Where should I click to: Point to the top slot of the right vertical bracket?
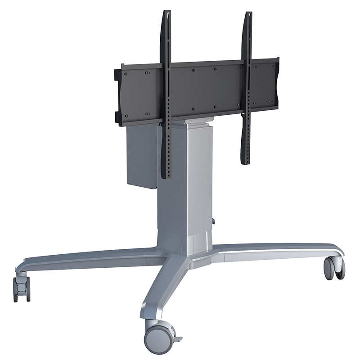point(248,18)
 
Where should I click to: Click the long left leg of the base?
point(90,259)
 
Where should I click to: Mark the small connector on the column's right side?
point(214,221)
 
